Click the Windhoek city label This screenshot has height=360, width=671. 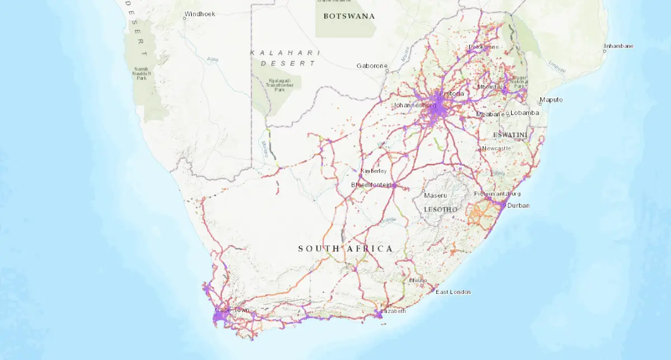coord(201,13)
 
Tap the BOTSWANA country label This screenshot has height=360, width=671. coord(349,16)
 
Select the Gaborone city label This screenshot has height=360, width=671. coord(372,66)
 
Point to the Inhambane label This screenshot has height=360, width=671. coord(618,46)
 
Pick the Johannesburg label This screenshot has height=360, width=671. coord(414,105)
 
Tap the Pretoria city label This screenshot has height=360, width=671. coord(452,93)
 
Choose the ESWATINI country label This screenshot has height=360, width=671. coord(511,135)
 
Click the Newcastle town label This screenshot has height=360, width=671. coord(497,148)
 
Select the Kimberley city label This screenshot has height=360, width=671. coord(373,171)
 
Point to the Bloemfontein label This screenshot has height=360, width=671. coord(371,184)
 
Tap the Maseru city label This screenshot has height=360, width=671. coord(436,196)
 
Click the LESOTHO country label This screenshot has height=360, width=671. coord(441,209)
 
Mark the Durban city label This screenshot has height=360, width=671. coord(518,205)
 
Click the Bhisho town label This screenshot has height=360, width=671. coord(418,280)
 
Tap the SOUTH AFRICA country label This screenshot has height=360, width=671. coord(345,248)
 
